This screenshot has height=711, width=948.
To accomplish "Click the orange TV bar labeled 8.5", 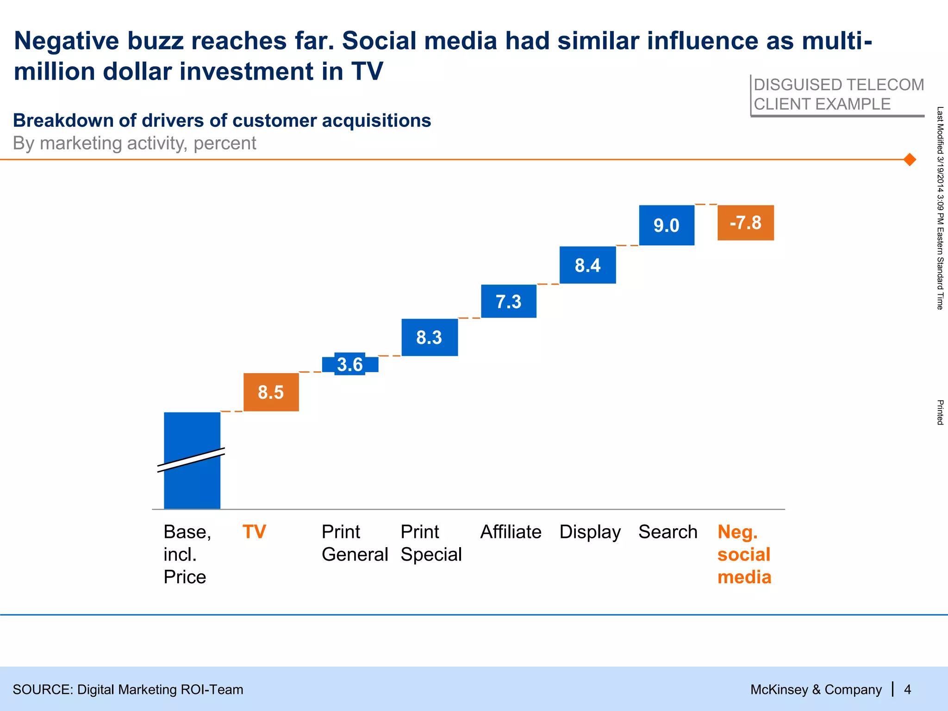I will [x=271, y=392].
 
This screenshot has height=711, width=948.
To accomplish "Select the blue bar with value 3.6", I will [x=350, y=364].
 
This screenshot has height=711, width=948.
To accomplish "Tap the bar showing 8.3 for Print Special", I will [x=430, y=337].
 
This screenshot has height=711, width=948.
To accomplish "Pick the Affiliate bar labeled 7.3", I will [x=509, y=301].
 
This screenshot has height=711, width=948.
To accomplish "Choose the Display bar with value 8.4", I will [x=587, y=265].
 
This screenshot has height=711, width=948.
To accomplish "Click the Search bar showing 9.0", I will [x=667, y=225].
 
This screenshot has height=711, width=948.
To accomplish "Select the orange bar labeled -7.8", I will [x=745, y=223].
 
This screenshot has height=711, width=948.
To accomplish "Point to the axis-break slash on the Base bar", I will [x=191, y=460].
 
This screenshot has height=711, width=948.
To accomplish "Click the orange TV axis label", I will [x=255, y=532].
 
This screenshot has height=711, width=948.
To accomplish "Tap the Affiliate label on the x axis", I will [x=511, y=532].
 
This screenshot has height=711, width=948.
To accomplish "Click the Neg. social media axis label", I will [x=744, y=554].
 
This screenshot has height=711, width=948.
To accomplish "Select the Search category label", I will [x=667, y=532].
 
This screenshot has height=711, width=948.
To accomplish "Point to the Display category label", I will [x=590, y=532].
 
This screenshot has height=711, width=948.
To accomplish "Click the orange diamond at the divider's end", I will [x=910, y=160].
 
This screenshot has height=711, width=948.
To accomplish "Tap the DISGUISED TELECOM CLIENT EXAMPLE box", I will [x=838, y=95].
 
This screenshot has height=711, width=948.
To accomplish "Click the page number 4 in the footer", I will [x=908, y=690].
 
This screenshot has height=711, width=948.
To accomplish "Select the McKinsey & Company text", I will [x=816, y=690].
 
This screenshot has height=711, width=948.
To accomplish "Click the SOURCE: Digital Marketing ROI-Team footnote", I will [x=128, y=690].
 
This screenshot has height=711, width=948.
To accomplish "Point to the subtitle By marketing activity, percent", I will [x=134, y=143].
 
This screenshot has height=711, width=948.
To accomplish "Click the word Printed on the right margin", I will [x=940, y=412].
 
